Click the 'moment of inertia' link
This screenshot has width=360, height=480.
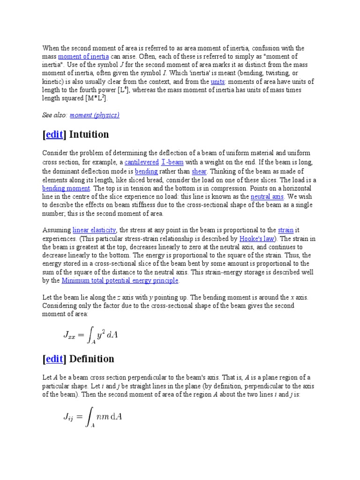pos(83,57)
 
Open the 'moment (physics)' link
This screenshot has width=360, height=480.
pos(94,115)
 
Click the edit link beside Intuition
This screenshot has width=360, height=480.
pos(54,135)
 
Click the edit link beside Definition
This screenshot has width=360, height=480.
pos(54,359)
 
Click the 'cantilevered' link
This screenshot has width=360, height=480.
pos(142,163)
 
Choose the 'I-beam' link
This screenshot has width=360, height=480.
pos(172,163)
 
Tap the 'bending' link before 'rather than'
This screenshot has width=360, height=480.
pos(146,171)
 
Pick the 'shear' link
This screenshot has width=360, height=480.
pos(199,171)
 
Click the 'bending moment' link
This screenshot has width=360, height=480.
pos(66,188)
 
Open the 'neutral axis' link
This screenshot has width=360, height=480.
pos(267,196)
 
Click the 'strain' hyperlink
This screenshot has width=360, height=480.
pos(285,230)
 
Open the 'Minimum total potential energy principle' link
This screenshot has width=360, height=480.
pos(120,281)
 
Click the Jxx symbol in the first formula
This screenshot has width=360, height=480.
pos(72,335)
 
